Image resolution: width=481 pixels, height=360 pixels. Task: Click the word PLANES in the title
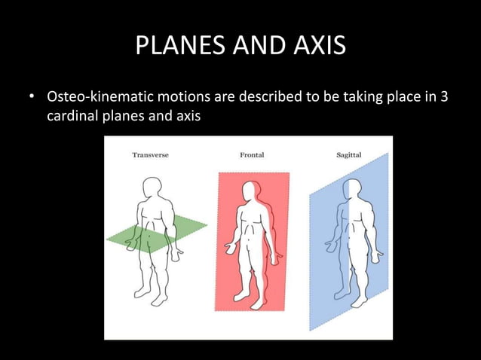click(174, 47)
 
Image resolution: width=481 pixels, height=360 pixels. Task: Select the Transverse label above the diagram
click(150, 155)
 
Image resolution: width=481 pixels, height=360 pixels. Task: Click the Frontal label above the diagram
click(252, 155)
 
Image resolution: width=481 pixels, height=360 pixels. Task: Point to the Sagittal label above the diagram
click(348, 155)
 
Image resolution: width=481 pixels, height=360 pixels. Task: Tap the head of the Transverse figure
click(152, 188)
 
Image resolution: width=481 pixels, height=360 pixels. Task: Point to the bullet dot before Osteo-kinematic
click(32, 99)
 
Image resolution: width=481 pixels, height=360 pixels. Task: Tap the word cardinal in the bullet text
click(72, 117)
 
